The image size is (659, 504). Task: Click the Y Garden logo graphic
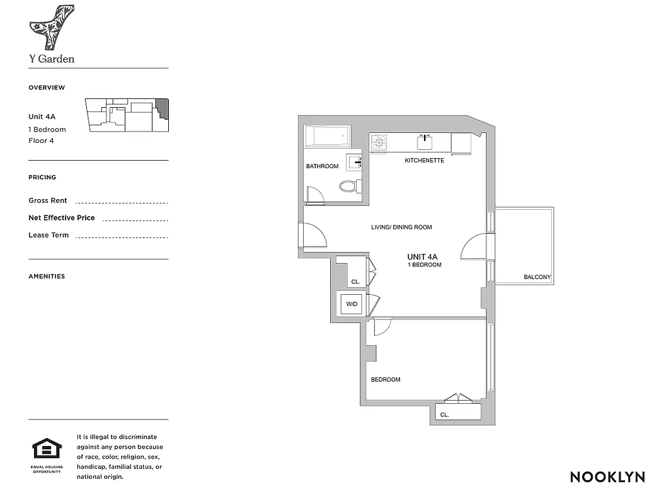point(52,27)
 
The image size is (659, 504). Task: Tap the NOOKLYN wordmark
point(607,477)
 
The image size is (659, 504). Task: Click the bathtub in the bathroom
point(327,135)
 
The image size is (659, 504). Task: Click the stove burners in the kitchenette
point(379,143)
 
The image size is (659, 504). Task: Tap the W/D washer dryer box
point(352,304)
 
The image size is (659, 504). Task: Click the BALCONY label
point(537,277)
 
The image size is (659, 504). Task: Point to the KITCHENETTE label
point(424,161)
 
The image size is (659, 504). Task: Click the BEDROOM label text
point(385,379)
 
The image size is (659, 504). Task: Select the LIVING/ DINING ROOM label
point(401,227)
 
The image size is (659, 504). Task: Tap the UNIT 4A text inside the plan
point(422,256)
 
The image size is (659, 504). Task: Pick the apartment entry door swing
point(315,236)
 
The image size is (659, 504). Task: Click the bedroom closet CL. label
point(444,415)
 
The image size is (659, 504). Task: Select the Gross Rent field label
point(48,200)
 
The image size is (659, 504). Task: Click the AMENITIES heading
point(47,276)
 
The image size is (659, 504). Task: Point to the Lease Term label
point(49,235)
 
